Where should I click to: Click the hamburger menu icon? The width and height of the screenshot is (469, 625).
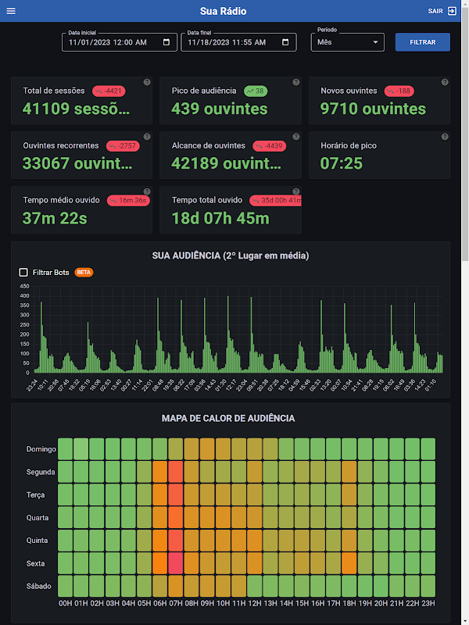(x=11, y=11)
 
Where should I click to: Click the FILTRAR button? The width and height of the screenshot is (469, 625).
(x=423, y=42)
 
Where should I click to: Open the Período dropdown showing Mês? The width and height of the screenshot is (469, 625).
(x=347, y=42)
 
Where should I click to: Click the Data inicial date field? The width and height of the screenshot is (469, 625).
(x=113, y=42)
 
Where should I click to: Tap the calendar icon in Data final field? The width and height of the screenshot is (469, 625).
(x=287, y=42)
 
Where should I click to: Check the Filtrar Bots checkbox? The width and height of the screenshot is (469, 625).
(x=23, y=273)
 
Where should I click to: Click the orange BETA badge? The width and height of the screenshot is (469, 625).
(x=84, y=273)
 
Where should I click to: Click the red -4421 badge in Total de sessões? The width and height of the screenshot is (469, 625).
(x=109, y=91)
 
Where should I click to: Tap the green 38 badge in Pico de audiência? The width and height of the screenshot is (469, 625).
(x=255, y=91)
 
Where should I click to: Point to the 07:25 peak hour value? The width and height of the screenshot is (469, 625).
(x=342, y=163)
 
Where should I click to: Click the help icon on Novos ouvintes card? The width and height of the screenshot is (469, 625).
(x=445, y=82)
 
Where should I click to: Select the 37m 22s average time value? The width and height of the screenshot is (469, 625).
(x=55, y=218)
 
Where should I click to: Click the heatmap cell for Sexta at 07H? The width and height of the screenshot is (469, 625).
(x=175, y=563)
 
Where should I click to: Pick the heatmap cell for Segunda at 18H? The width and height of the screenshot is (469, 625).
(x=349, y=472)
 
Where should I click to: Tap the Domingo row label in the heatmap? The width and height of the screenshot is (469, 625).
(x=41, y=449)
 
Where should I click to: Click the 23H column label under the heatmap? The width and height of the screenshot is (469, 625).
(x=428, y=602)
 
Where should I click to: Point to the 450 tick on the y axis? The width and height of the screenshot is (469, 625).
(x=25, y=287)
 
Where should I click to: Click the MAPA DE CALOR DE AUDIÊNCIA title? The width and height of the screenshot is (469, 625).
(x=228, y=418)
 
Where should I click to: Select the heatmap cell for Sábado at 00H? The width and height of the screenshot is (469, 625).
(x=66, y=586)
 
